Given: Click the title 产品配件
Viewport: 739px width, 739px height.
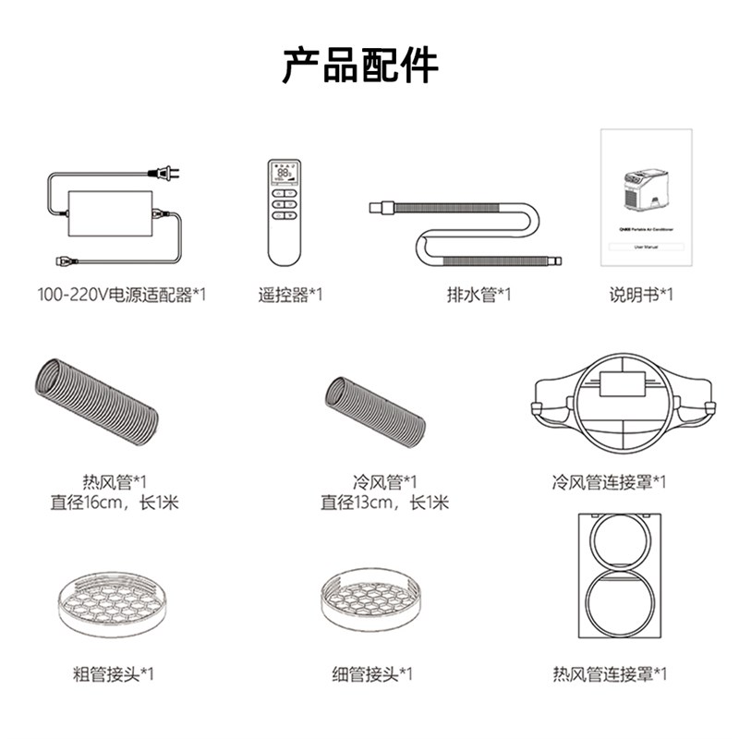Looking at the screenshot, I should tap(360, 67).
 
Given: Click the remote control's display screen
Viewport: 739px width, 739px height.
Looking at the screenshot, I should tap(284, 174).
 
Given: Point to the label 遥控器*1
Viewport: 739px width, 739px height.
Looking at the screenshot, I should tap(290, 296).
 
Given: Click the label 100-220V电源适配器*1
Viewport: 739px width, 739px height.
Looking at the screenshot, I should tap(122, 296).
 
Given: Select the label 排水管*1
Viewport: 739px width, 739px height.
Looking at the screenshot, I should tap(478, 296).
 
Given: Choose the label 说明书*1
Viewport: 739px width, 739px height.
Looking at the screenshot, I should tap(640, 296).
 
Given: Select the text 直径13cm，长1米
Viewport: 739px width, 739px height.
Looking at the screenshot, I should tap(384, 503).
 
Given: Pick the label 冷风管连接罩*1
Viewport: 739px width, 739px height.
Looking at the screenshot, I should tap(609, 481).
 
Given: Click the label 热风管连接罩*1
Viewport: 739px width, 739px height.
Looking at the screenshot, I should tap(609, 673).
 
